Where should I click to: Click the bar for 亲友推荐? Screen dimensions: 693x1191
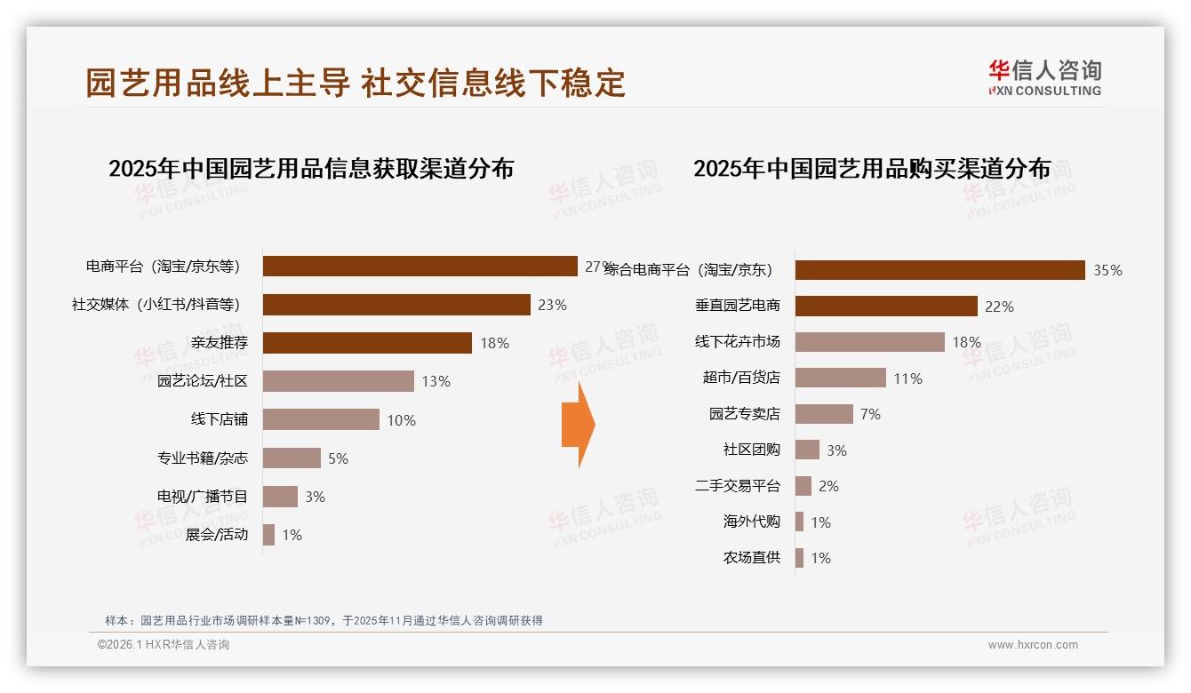[x=367, y=343]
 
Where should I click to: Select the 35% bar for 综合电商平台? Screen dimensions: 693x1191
[x=939, y=270]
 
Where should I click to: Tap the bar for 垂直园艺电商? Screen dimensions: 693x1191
[x=886, y=306]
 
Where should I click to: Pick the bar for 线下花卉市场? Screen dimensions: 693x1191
[x=869, y=342]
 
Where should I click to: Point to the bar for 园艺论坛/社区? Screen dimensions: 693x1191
[x=339, y=381]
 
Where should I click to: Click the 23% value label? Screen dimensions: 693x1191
[x=552, y=305]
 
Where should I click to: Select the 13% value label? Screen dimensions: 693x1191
[x=436, y=381]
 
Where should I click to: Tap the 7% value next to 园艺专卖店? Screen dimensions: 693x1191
[x=870, y=414]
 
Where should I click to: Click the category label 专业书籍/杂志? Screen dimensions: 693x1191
[x=203, y=458]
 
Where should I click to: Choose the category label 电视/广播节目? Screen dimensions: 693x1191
[x=203, y=497]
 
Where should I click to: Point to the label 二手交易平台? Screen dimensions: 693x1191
[x=738, y=486]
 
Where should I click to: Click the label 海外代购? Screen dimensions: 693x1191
[x=752, y=522]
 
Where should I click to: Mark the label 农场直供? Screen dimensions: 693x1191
[x=752, y=558]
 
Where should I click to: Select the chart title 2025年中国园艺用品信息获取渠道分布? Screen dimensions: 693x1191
[x=311, y=169]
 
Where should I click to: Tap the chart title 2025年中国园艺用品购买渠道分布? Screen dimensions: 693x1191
[x=872, y=169]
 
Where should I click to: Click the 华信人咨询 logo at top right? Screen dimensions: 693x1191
[x=1044, y=78]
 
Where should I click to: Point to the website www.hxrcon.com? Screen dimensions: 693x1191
[x=1033, y=645]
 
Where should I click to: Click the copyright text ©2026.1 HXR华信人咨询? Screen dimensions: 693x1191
[x=164, y=645]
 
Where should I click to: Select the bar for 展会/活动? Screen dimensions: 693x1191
[x=268, y=535]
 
